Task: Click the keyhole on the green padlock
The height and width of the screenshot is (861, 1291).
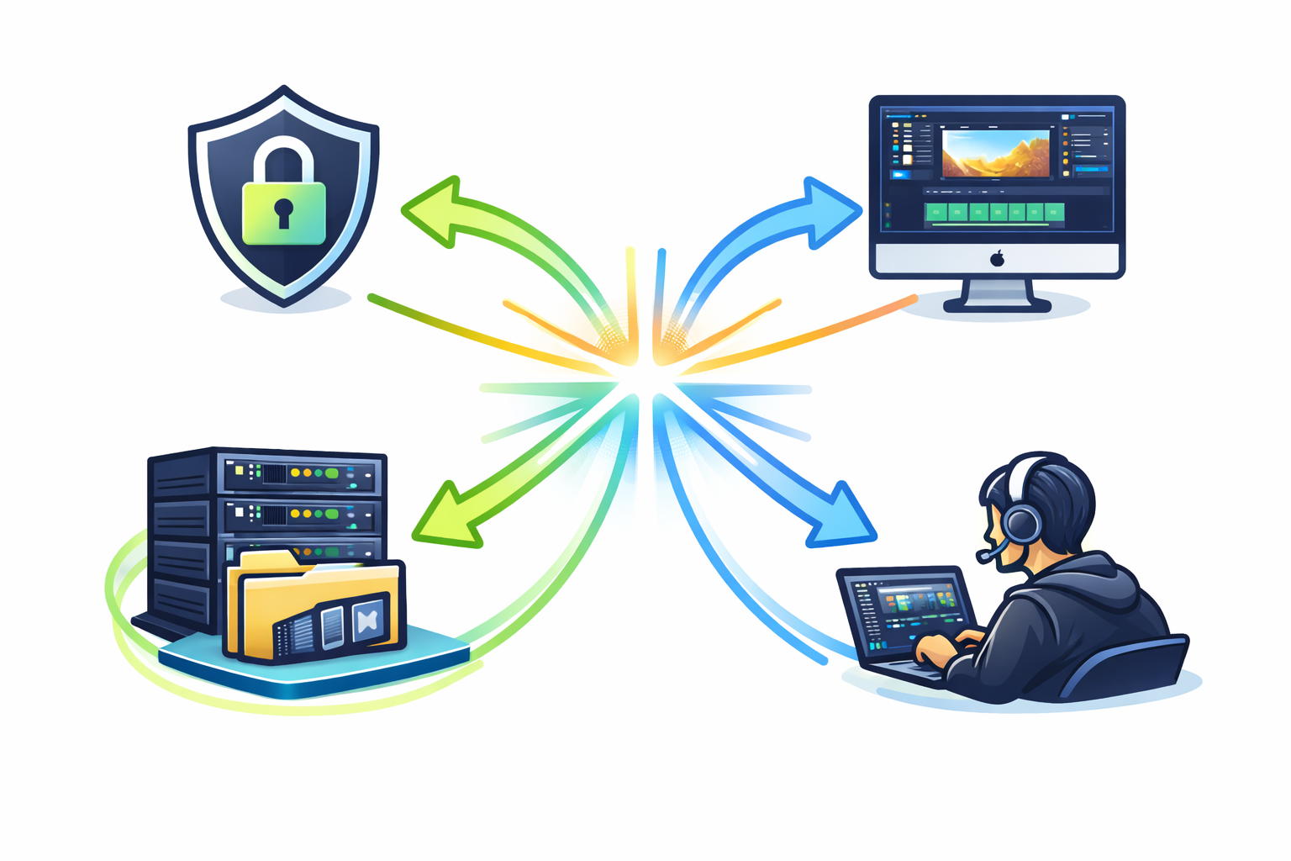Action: (283, 211)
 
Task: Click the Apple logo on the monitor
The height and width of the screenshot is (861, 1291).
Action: (997, 258)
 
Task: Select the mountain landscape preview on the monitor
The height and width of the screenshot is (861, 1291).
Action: (995, 153)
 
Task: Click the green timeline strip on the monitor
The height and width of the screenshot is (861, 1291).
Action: (994, 212)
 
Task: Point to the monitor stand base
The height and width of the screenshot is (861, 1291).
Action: (997, 304)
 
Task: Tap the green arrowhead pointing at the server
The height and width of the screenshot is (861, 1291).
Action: (445, 517)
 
